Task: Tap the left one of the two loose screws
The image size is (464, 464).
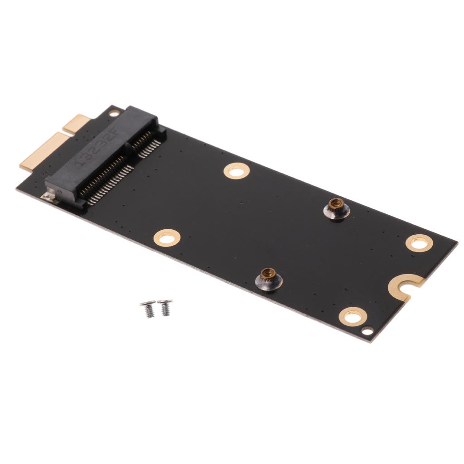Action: tap(148, 308)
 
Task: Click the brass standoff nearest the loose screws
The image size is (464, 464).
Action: tap(271, 279)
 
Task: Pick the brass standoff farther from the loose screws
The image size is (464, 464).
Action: tap(336, 208)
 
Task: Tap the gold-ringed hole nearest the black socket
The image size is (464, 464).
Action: tap(237, 171)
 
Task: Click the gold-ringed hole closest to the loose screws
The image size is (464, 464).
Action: tap(167, 237)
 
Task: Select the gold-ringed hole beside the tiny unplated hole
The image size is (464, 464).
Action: tap(352, 316)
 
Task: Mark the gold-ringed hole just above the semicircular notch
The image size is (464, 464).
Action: tap(419, 243)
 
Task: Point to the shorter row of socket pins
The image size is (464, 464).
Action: tap(147, 142)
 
